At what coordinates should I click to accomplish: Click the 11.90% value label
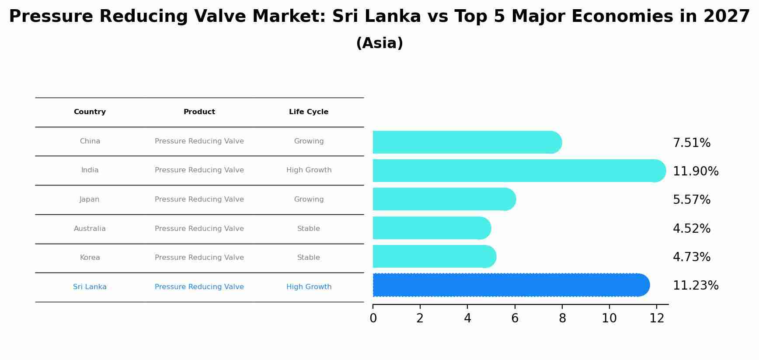[695, 171]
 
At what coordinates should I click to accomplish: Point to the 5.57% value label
[691, 200]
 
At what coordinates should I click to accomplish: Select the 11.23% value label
[695, 286]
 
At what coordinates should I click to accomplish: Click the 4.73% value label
[691, 257]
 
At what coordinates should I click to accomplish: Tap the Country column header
[90, 112]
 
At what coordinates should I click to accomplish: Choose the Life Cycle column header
[308, 112]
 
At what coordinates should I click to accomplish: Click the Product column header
[199, 112]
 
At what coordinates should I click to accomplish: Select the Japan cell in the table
[90, 199]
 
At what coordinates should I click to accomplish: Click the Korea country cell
[90, 258]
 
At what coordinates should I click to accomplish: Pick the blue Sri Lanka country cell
[90, 287]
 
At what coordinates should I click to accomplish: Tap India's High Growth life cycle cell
[309, 170]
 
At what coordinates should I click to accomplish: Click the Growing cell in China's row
[309, 141]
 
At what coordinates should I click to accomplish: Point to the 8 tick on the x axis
[562, 318]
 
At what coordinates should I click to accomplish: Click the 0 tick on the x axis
[373, 318]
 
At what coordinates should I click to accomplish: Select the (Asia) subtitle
[379, 43]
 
